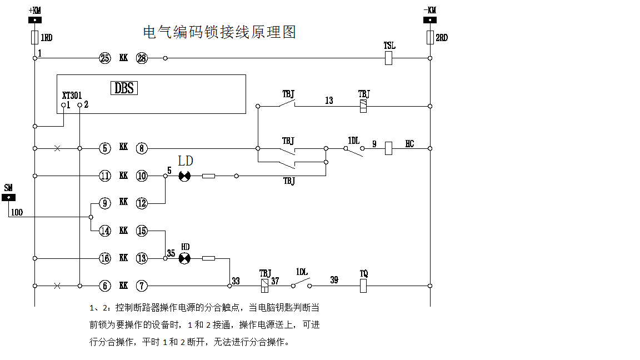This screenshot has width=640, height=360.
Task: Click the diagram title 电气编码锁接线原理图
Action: pyautogui.click(x=219, y=32)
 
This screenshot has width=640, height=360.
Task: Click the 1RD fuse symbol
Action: pyautogui.click(x=34, y=37)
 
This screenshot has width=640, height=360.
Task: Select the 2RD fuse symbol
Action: pyautogui.click(x=430, y=37)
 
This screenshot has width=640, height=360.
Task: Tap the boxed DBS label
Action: pyautogui.click(x=125, y=88)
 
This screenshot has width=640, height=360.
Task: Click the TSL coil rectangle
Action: pyautogui.click(x=389, y=58)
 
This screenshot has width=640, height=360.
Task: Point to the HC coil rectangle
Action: pyautogui.click(x=389, y=148)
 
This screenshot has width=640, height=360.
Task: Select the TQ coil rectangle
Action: pyautogui.click(x=364, y=286)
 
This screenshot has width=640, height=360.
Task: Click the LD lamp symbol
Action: pyautogui.click(x=185, y=176)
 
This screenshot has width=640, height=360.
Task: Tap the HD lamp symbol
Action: pyautogui.click(x=185, y=258)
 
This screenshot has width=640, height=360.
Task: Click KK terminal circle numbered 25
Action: pyautogui.click(x=105, y=58)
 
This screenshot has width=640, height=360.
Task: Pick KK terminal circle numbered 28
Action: pyautogui.click(x=142, y=58)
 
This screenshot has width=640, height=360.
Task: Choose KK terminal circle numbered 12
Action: pyautogui.click(x=142, y=203)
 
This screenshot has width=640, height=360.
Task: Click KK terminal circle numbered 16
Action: pyautogui.click(x=105, y=258)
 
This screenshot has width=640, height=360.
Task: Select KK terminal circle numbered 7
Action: pyautogui.click(x=142, y=286)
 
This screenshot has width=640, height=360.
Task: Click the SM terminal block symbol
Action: pyautogui.click(x=8, y=197)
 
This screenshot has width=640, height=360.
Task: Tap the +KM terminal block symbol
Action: pyautogui.click(x=34, y=20)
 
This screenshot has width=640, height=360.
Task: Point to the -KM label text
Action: pyautogui.click(x=429, y=10)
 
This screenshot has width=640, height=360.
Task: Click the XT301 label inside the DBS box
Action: pyautogui.click(x=72, y=95)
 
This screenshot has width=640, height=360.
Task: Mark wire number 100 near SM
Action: pyautogui.click(x=17, y=212)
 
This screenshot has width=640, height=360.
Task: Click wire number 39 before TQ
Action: pyautogui.click(x=334, y=279)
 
